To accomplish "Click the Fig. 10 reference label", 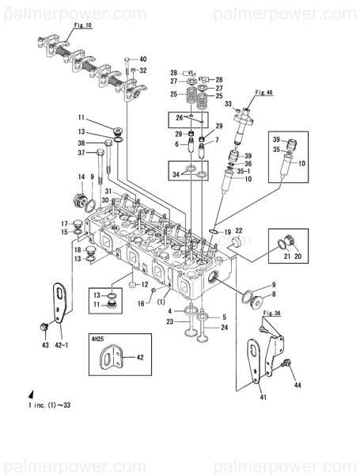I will click(x=62, y=26).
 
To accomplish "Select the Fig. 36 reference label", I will click(x=272, y=313).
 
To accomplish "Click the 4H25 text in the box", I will click(x=97, y=339).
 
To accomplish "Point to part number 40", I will click(x=142, y=59).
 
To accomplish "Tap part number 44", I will click(x=298, y=386).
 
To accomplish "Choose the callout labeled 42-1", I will click(x=65, y=345).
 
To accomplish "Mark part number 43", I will click(x=45, y=345).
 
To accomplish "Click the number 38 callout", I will click(x=81, y=143).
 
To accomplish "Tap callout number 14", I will click(x=81, y=177).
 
